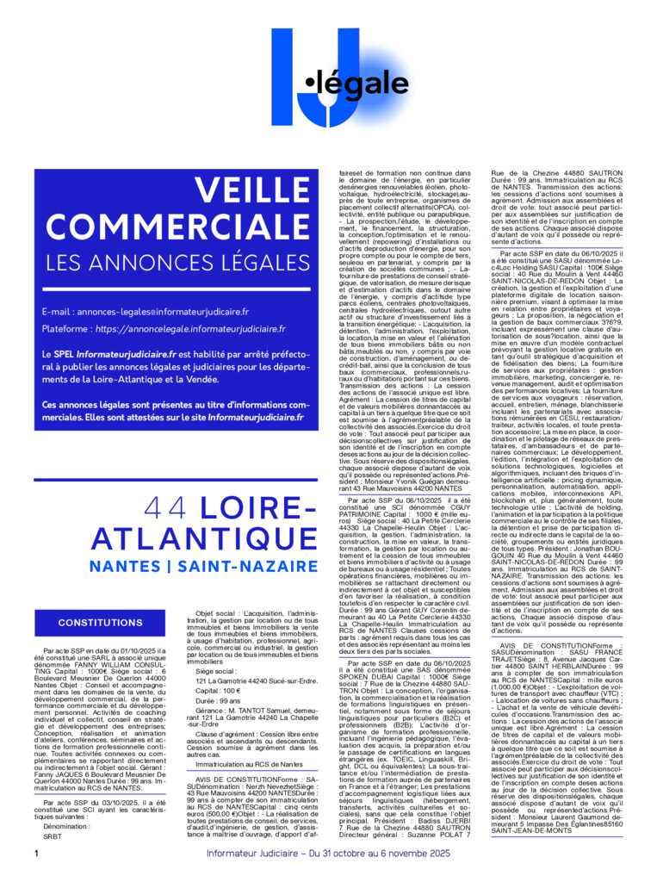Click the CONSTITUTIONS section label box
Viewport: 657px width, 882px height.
(x=101, y=623)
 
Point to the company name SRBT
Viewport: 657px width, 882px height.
(x=53, y=836)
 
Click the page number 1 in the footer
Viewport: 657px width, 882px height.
(x=37, y=854)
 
